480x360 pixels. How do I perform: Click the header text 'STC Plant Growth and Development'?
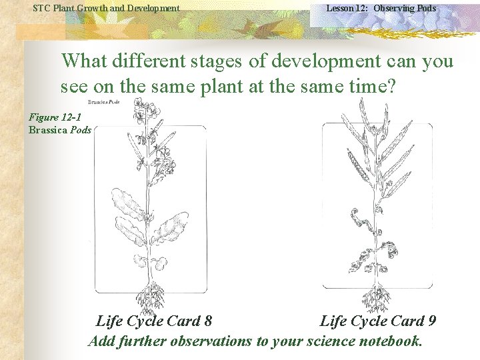(x=106, y=8)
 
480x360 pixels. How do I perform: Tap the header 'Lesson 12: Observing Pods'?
(x=381, y=8)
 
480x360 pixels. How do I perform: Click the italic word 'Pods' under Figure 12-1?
(x=80, y=129)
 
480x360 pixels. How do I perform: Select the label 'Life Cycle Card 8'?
(x=154, y=321)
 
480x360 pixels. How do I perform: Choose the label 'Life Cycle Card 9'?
(x=378, y=321)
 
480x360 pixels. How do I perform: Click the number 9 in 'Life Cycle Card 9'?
(x=432, y=321)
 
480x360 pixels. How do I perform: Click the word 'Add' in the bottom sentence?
(x=101, y=341)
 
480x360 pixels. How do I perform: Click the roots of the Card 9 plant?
(x=377, y=297)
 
